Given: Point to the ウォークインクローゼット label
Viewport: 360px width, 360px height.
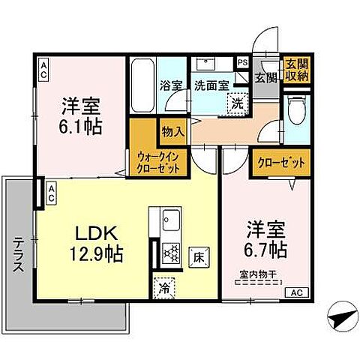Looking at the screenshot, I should pos(158,161).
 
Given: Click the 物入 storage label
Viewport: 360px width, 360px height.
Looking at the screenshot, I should pos(173,131).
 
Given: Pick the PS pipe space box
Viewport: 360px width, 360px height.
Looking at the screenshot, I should pos(242,63).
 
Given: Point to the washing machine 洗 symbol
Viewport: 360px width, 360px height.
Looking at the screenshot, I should pos(237,103).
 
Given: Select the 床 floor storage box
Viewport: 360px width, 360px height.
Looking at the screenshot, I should pos(199,255).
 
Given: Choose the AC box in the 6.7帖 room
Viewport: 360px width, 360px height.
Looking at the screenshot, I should pos(295,292).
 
